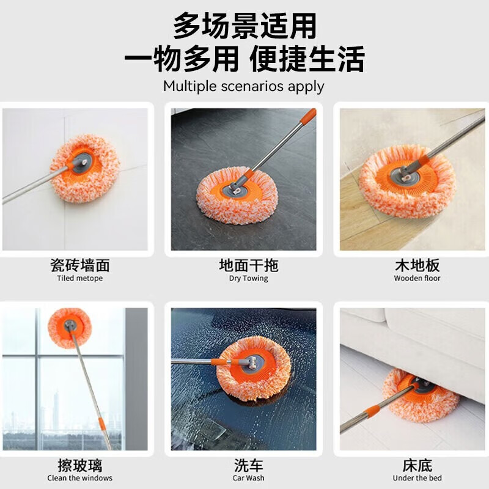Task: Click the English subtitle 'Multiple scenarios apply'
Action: [243, 86]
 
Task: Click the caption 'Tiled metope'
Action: [79, 279]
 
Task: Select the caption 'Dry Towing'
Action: [248, 279]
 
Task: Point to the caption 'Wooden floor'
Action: [417, 279]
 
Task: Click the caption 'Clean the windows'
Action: [79, 478]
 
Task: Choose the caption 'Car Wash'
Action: [248, 478]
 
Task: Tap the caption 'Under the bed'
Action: [417, 478]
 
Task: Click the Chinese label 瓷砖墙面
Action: [79, 265]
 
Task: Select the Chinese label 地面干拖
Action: [248, 265]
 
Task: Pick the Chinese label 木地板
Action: [417, 265]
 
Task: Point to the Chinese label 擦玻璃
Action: [79, 465]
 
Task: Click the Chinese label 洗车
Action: [248, 465]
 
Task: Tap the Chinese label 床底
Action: [417, 465]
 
